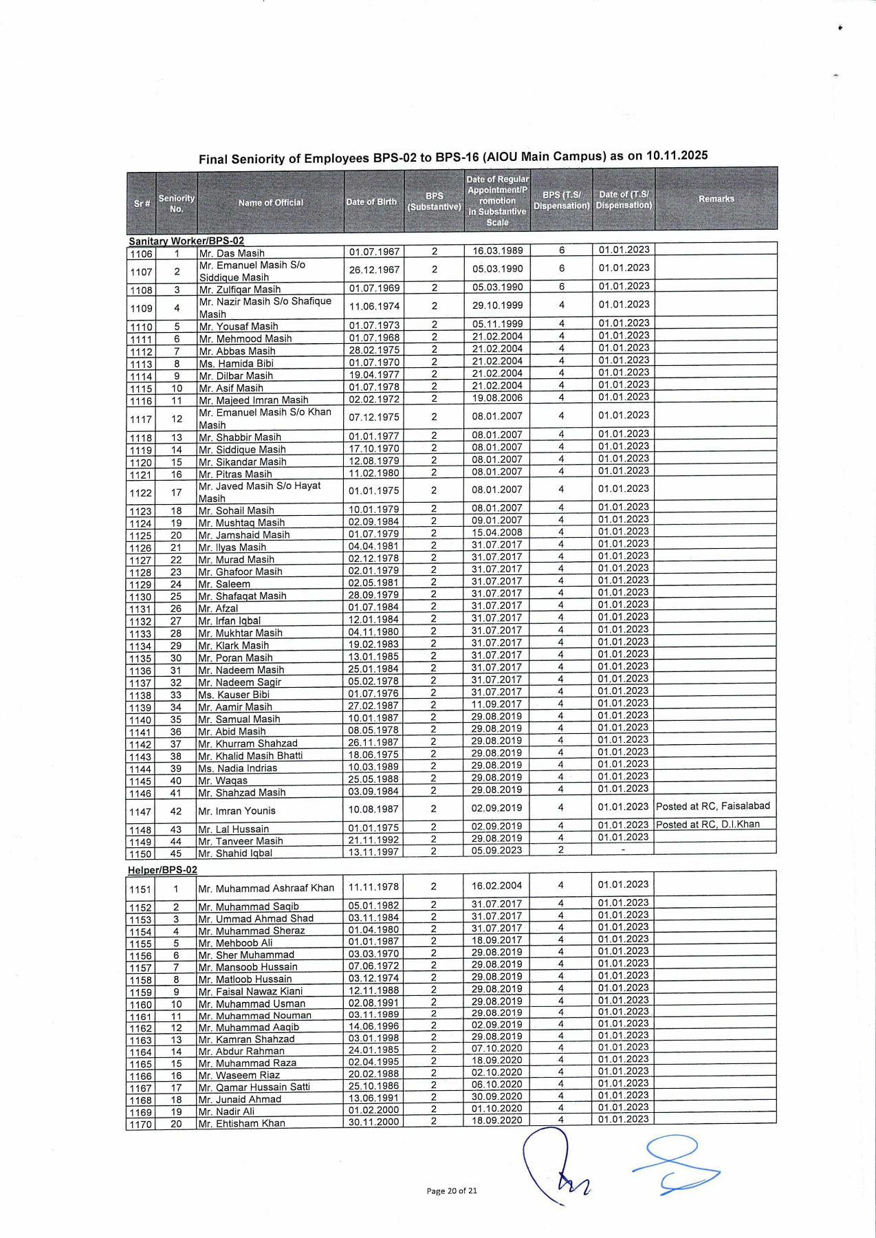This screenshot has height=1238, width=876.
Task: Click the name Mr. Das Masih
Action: (232, 253)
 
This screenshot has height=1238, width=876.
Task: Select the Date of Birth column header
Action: (371, 202)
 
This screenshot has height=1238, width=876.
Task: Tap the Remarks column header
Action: (716, 199)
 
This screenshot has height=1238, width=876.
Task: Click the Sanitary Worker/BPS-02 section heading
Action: (186, 241)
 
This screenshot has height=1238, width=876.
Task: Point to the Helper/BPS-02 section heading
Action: (162, 869)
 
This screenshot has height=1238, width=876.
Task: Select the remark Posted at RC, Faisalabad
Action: (713, 806)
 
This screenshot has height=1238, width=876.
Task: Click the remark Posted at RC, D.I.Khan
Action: (708, 824)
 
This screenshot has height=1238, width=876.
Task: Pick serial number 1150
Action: (140, 854)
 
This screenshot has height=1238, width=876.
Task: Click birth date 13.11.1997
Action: (373, 851)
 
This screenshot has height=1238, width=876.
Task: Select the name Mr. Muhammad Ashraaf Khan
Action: (266, 888)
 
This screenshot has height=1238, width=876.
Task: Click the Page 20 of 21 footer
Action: (452, 1191)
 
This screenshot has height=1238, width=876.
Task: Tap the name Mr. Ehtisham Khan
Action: (241, 1123)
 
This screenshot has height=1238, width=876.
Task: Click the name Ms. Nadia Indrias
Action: (237, 768)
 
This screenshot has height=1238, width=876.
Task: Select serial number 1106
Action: (141, 254)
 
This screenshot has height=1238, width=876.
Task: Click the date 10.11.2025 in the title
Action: (677, 155)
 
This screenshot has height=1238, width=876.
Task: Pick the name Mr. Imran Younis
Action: (237, 811)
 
